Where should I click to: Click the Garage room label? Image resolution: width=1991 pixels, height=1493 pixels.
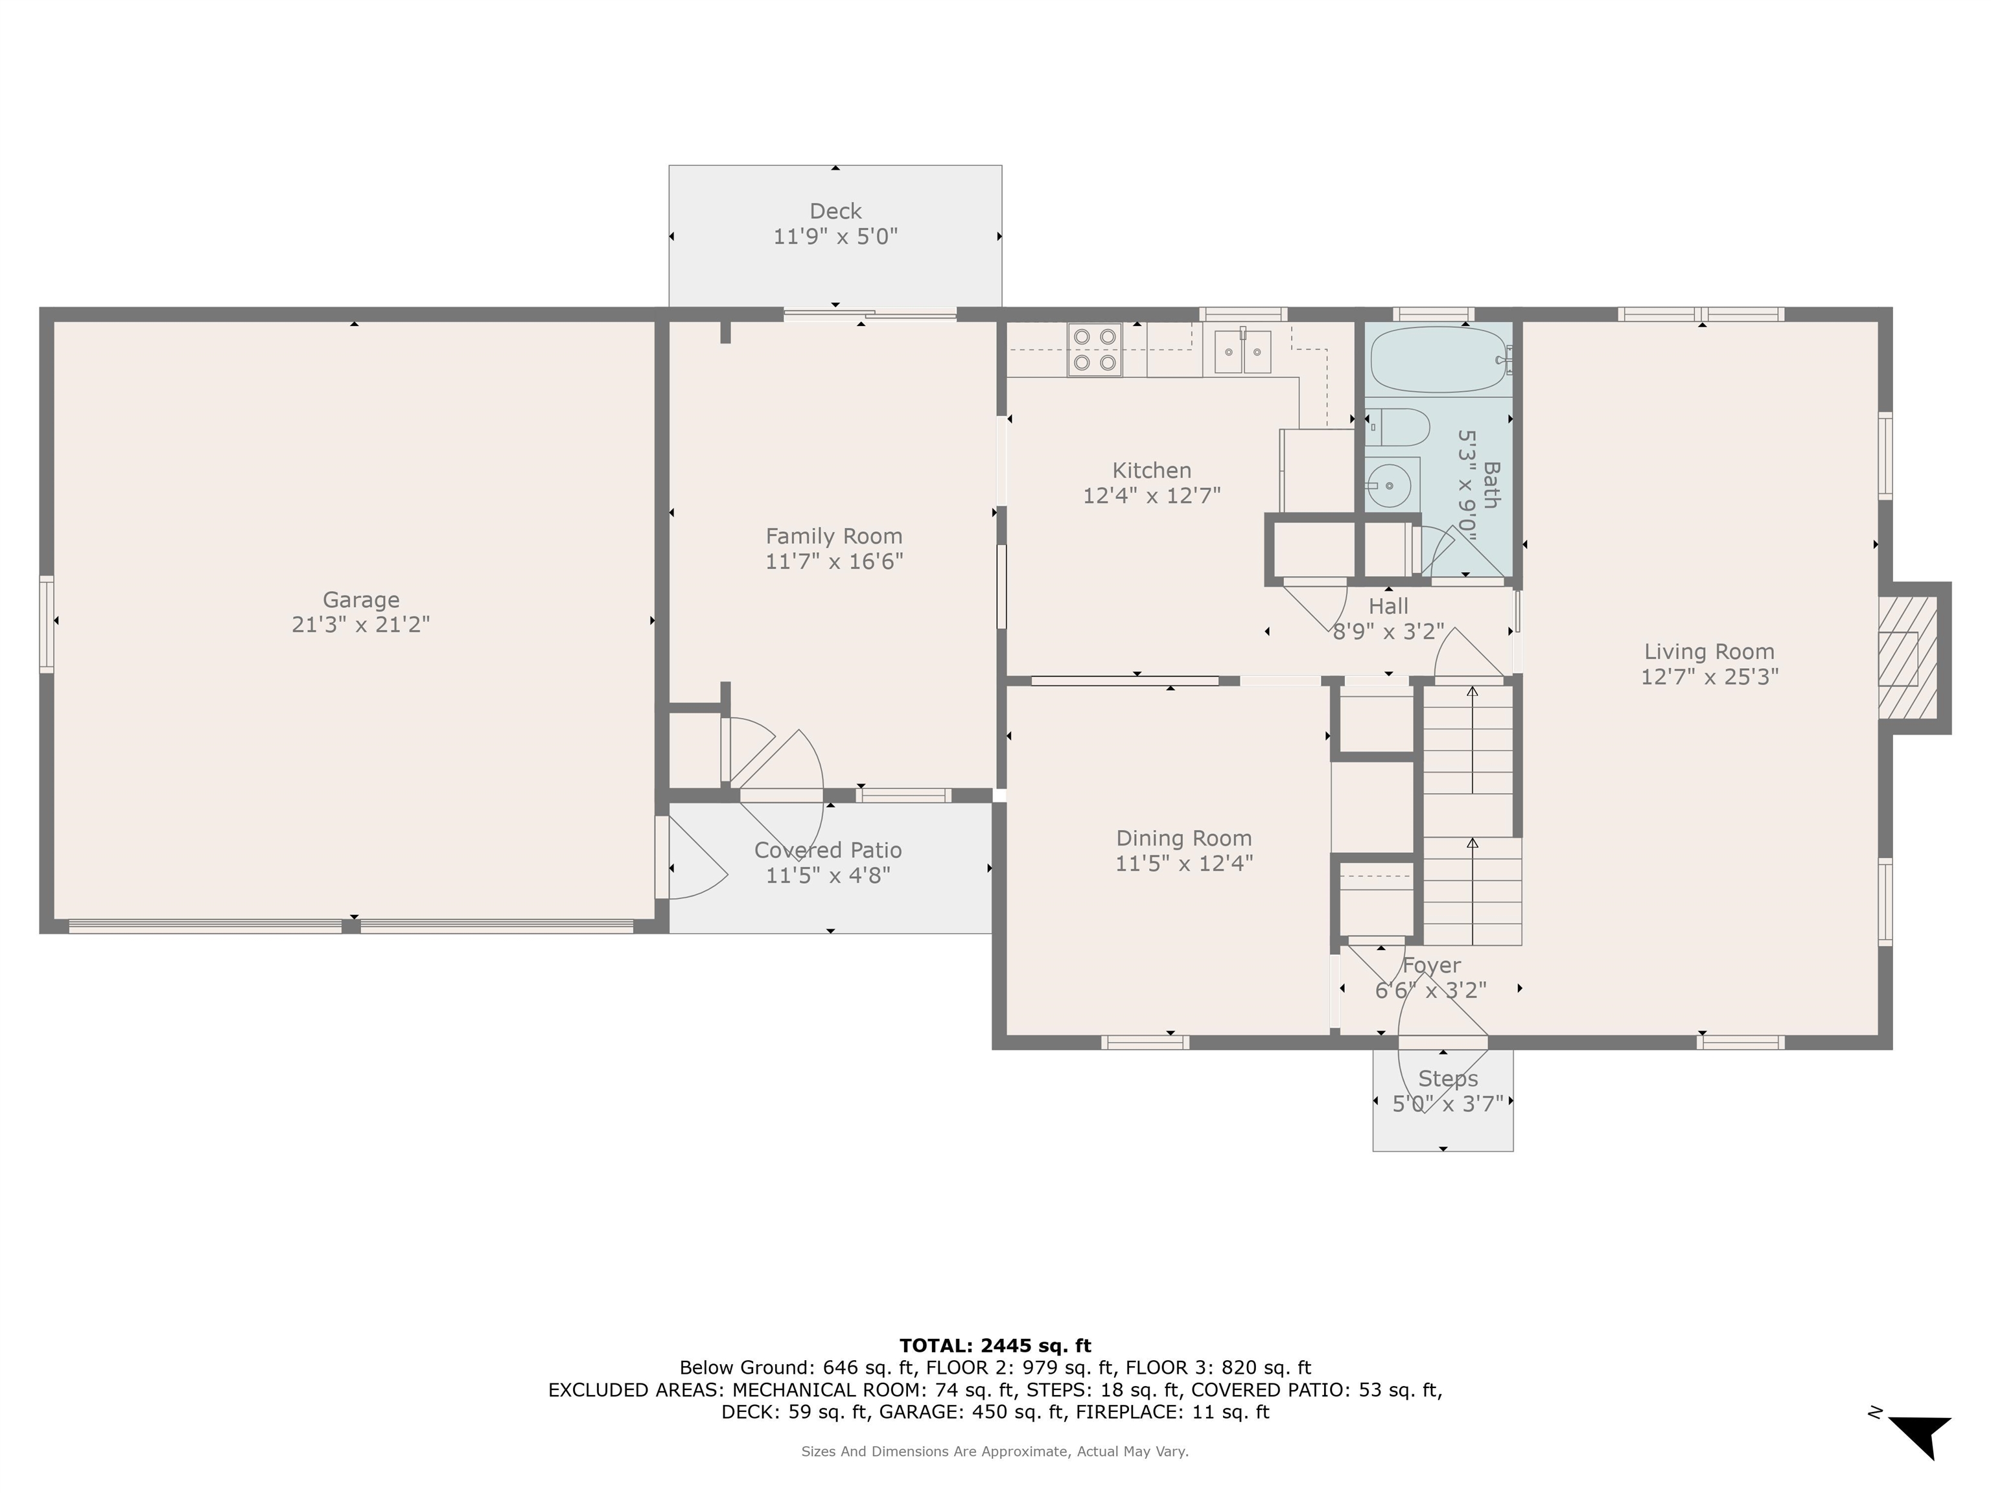[x=360, y=599]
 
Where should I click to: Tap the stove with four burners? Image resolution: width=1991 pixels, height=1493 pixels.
[x=1095, y=349]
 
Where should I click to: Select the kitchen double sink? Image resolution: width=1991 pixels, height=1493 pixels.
[x=1242, y=351]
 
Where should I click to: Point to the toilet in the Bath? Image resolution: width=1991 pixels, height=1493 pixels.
[x=1396, y=428]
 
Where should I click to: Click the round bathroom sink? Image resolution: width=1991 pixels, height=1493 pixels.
[x=1391, y=486]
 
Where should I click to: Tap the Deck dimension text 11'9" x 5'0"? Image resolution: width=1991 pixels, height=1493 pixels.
[x=835, y=237]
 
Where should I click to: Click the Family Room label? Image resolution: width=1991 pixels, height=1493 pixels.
[x=833, y=537]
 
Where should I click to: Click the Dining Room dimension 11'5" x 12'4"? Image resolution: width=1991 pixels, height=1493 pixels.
[x=1183, y=864]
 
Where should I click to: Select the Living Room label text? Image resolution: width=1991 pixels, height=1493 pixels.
[x=1708, y=651]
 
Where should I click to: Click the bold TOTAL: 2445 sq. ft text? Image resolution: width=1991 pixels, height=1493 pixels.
[x=995, y=1345]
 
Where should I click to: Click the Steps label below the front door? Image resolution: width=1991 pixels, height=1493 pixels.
[x=1447, y=1078]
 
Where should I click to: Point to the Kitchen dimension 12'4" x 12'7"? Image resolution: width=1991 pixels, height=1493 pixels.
[x=1151, y=496]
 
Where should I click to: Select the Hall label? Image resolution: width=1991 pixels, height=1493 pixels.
[x=1388, y=607]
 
